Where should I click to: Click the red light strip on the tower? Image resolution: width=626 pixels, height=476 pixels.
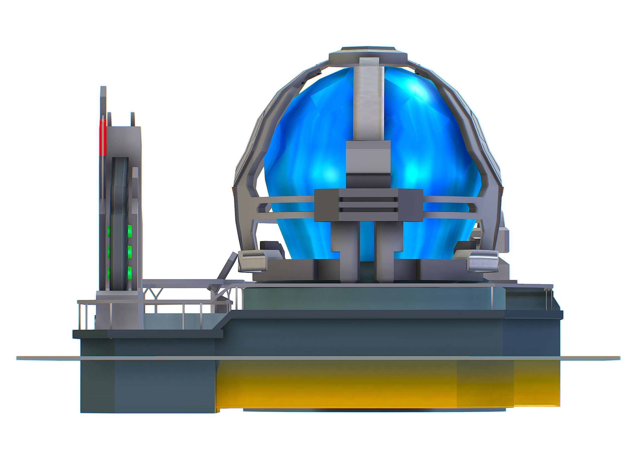(x=102, y=137)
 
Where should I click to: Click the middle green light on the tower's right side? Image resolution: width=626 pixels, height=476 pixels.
(x=130, y=251)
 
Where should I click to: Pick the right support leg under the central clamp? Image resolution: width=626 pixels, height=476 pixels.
(x=389, y=249)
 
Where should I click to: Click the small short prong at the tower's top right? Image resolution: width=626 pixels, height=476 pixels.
(x=132, y=119)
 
